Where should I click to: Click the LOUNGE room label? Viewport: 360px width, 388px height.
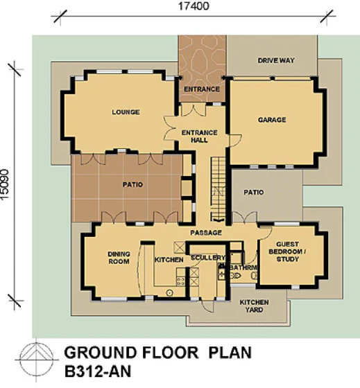click(x=126, y=112)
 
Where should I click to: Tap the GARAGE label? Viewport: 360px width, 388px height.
click(x=272, y=120)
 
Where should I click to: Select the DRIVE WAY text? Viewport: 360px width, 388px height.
click(x=276, y=60)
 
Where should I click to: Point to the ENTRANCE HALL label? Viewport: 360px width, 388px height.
click(x=200, y=136)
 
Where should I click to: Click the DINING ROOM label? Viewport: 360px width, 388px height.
click(x=119, y=258)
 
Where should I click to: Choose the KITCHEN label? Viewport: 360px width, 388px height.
click(x=169, y=260)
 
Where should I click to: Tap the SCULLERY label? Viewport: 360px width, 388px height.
click(x=208, y=258)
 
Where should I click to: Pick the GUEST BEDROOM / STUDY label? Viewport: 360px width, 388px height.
click(x=287, y=252)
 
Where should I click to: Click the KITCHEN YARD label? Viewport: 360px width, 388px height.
click(x=254, y=306)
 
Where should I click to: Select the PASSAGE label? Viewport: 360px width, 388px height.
click(x=206, y=233)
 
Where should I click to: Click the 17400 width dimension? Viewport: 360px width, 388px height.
click(x=194, y=6)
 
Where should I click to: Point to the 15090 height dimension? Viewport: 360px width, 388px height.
click(x=5, y=184)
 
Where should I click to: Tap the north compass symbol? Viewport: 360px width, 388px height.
click(x=37, y=360)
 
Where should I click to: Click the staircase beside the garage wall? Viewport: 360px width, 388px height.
click(x=218, y=188)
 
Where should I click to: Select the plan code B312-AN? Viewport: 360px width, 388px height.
click(x=98, y=371)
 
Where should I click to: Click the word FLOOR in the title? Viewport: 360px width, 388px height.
click(x=170, y=353)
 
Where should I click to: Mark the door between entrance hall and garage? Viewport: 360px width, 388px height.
click(x=234, y=141)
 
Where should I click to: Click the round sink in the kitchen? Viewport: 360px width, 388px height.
click(x=169, y=293)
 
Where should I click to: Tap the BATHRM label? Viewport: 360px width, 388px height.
click(x=243, y=267)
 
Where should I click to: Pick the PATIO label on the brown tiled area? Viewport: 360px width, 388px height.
click(x=132, y=184)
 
